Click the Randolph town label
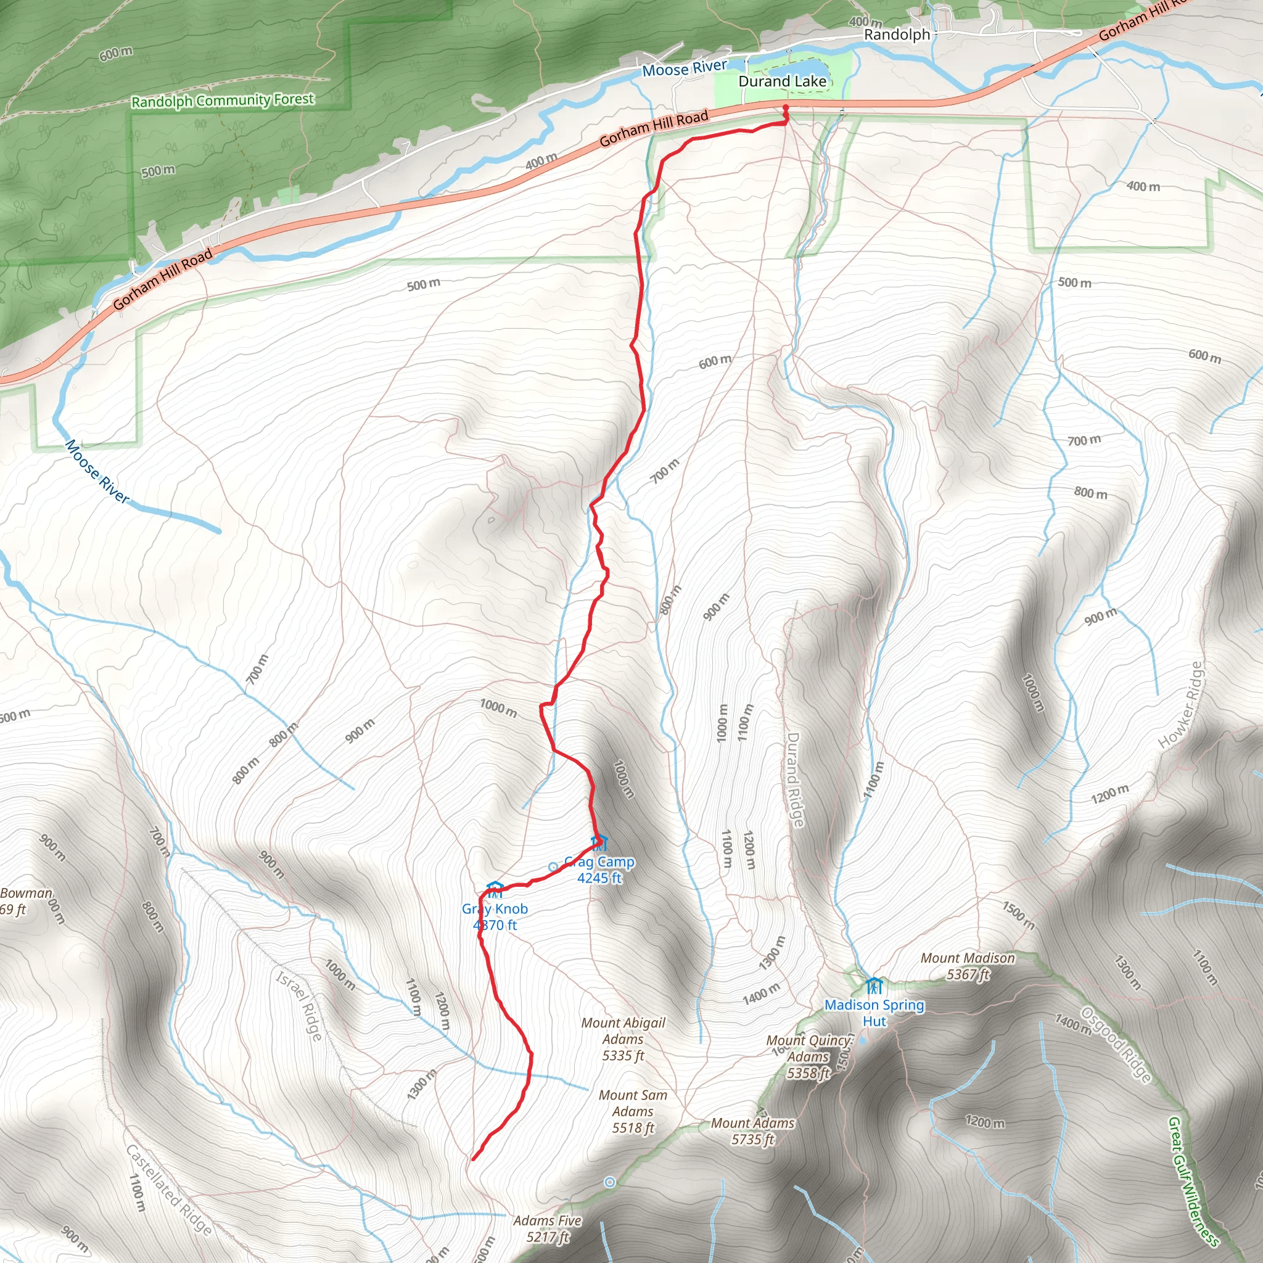(896, 35)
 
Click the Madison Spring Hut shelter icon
(874, 985)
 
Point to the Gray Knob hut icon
(495, 890)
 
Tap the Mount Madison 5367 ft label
(968, 966)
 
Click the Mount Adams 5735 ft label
(752, 1131)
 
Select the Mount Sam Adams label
(633, 1111)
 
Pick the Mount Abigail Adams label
(623, 1039)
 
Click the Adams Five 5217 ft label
(547, 1228)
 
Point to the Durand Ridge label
(794, 780)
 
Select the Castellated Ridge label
(168, 1190)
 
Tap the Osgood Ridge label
(1115, 1045)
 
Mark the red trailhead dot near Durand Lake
(785, 107)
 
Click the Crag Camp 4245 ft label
(599, 870)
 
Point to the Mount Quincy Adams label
(809, 1056)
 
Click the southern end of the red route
(473, 1159)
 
